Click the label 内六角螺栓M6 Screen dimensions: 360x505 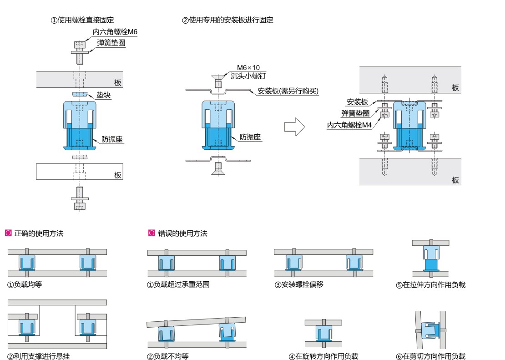click(115, 32)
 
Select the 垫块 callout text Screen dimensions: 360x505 click(104, 96)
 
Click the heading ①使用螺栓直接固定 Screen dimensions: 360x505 click(82, 20)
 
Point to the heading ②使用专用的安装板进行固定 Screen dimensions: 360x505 click(227, 20)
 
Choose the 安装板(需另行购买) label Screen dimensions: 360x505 click(288, 91)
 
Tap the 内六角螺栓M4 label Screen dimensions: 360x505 click(349, 125)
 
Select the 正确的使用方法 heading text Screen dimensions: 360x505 click(39, 233)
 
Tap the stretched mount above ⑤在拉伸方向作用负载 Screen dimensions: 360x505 click(430, 259)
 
